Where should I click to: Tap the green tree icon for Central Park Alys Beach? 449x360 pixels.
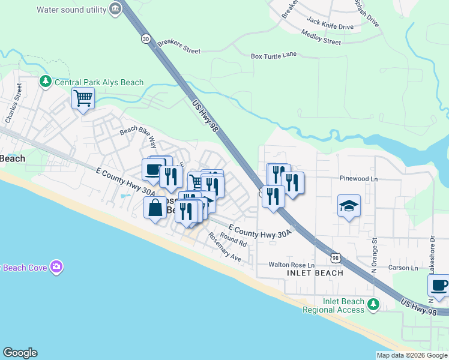[45, 81]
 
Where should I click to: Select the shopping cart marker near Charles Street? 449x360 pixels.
[83, 98]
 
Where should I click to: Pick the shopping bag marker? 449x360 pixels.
[155, 209]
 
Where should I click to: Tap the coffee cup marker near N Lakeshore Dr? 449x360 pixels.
[439, 286]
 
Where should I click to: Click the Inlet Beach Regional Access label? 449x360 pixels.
[333, 305]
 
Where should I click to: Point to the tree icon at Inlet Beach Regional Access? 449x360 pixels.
[373, 305]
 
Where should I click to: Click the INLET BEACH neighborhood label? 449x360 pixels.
[315, 273]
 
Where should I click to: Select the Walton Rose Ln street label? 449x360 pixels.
[291, 265]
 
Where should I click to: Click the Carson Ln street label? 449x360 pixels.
[402, 268]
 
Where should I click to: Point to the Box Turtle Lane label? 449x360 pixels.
[274, 56]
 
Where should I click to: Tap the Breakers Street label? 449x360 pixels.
[179, 47]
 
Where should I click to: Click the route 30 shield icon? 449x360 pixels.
[146, 38]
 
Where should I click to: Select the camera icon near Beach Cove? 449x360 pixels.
[56, 266]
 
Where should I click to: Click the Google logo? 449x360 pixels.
[20, 353]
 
